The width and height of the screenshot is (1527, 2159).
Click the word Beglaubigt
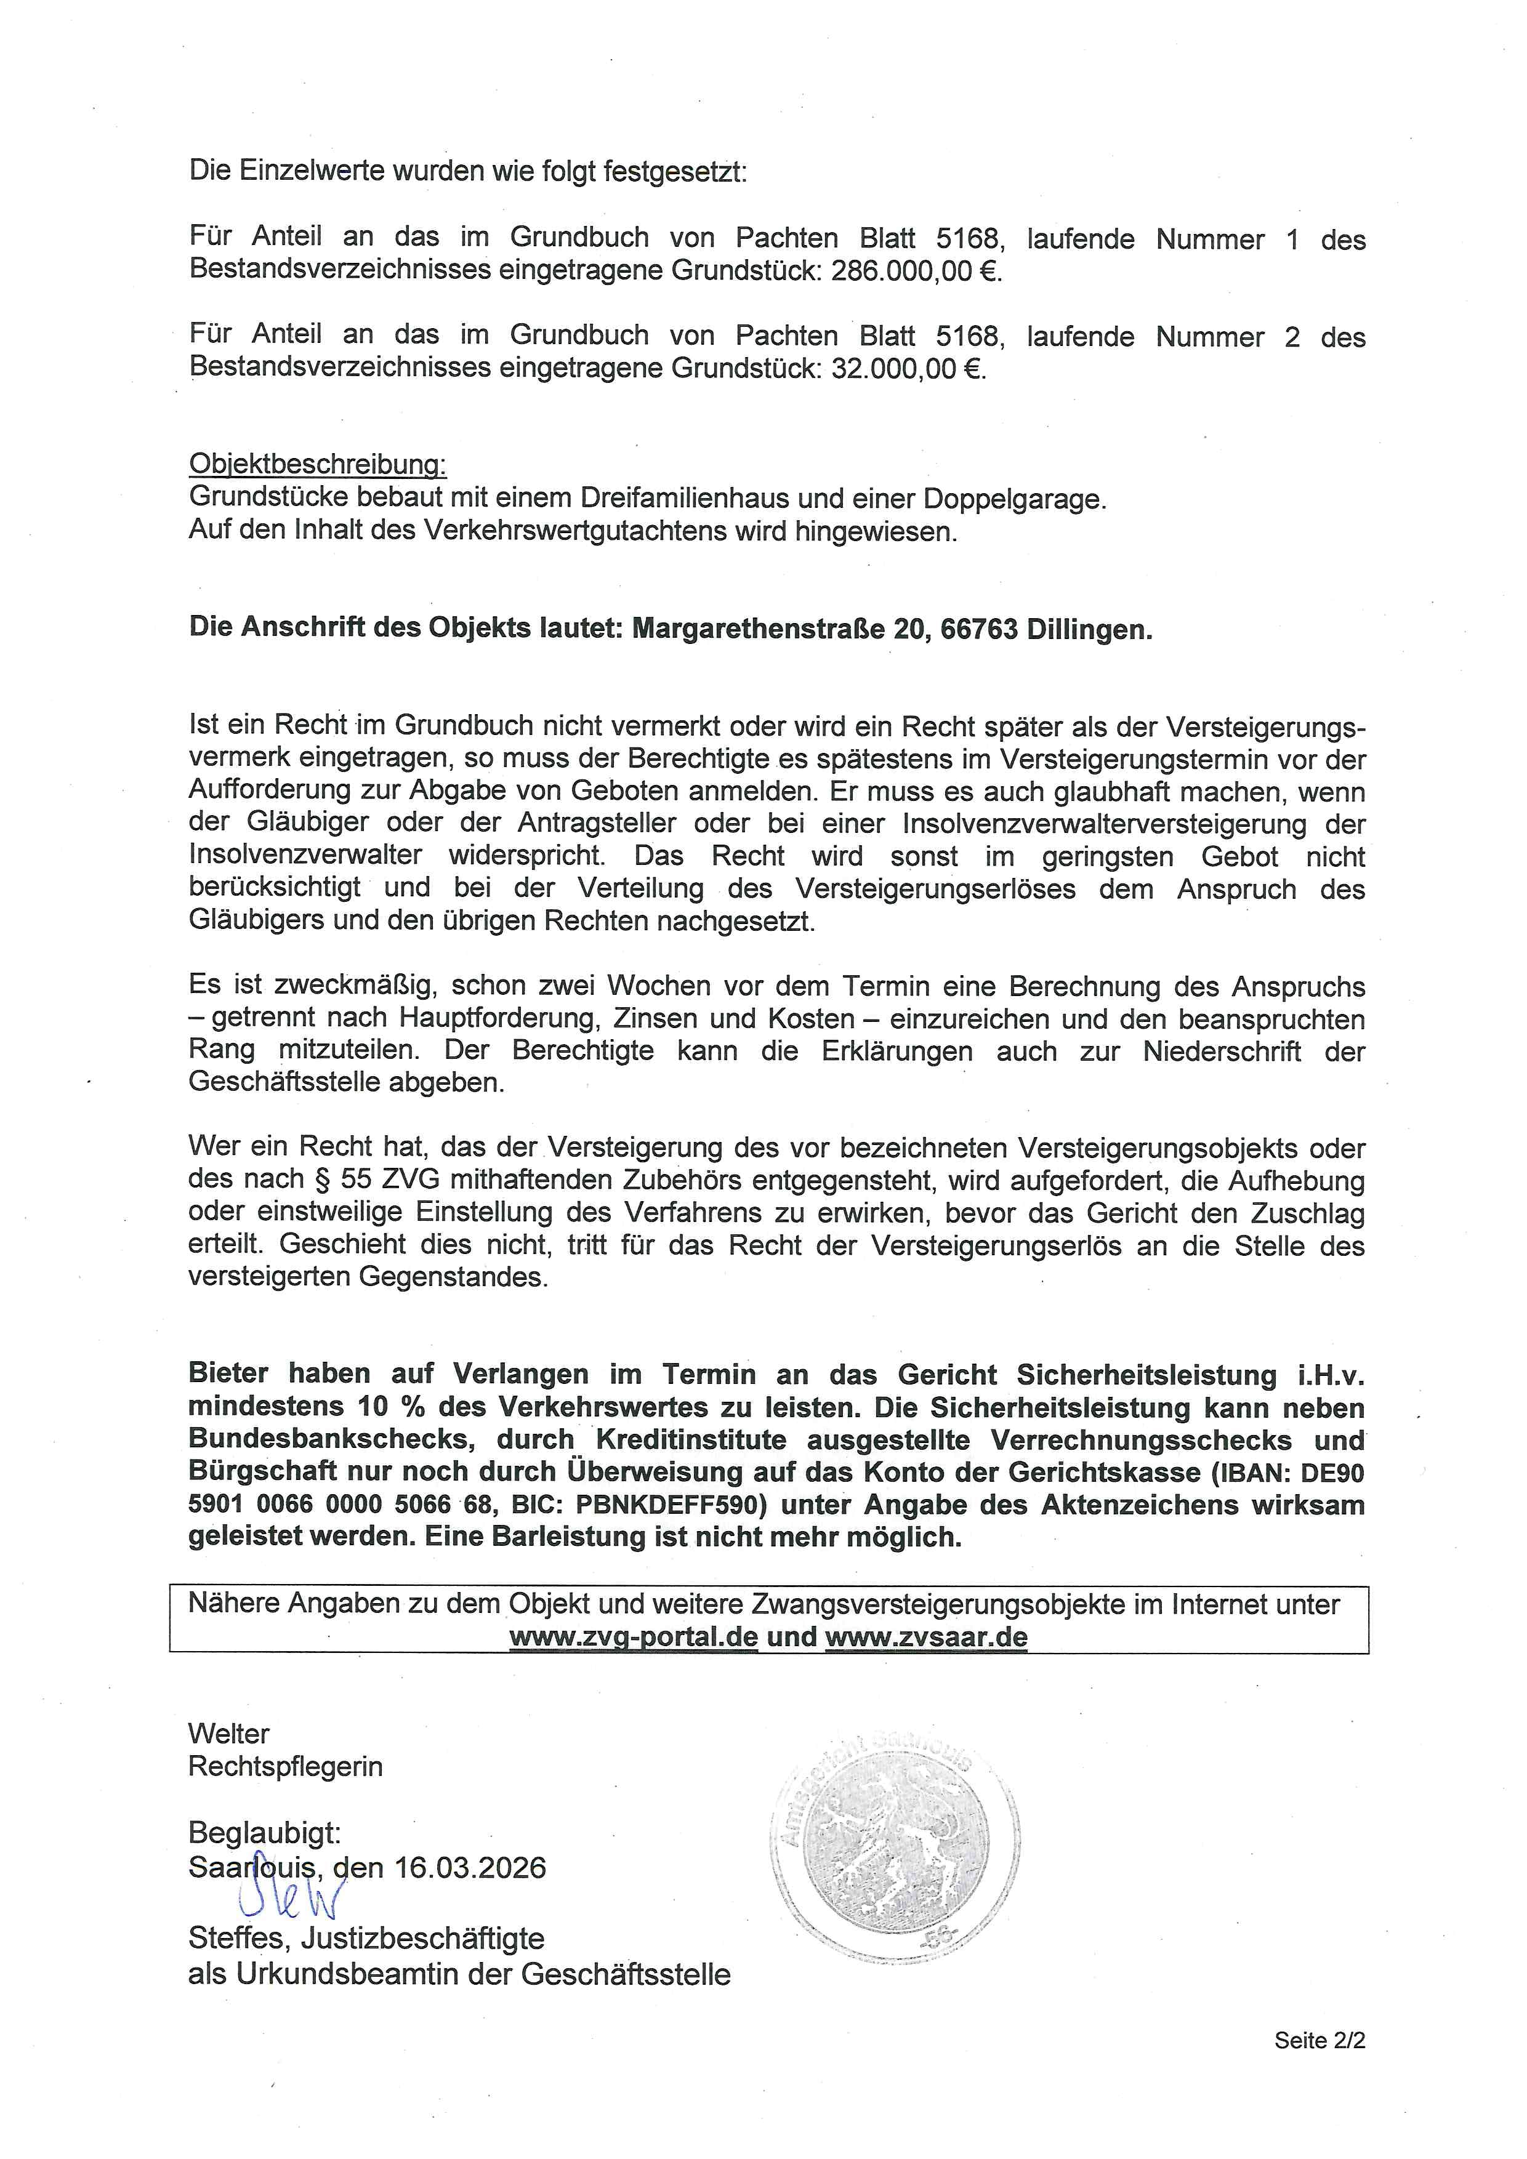[264, 1827]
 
